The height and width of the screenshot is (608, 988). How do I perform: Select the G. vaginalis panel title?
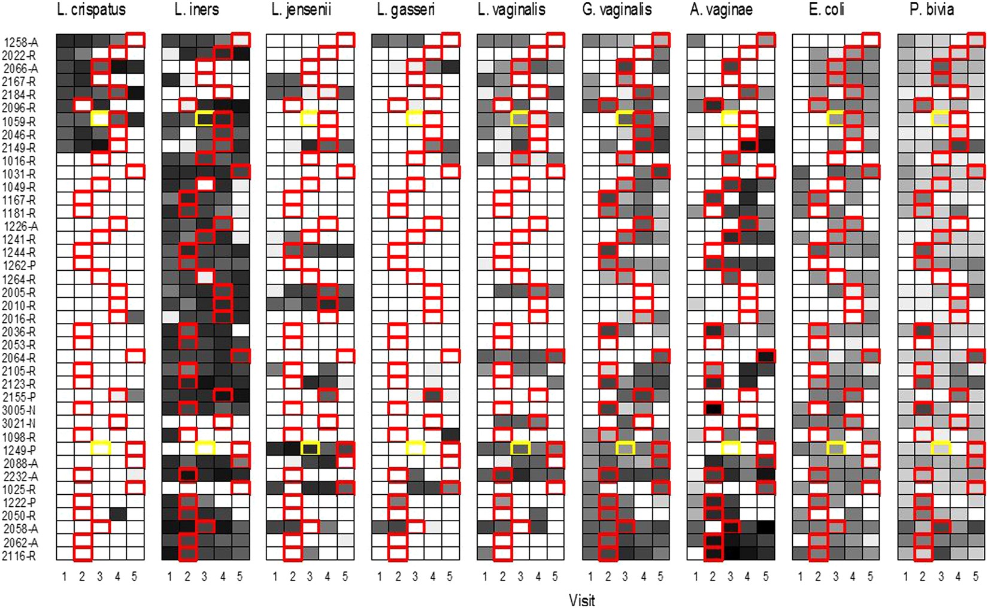617,10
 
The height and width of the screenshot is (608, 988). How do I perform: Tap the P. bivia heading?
932,10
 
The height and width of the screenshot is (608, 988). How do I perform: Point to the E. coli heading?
826,10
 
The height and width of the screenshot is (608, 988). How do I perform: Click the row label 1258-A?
21,42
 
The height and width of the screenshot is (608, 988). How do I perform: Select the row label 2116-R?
20,556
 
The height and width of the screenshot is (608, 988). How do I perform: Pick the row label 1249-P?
20,450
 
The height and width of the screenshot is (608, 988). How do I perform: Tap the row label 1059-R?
20,122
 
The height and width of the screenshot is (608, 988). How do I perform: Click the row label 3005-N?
20,410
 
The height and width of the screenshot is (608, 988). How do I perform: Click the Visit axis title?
581,600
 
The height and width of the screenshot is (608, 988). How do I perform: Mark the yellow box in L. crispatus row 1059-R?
100,118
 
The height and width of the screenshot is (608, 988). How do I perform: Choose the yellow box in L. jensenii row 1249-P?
310,447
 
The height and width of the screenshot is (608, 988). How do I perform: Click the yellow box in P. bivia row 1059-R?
941,118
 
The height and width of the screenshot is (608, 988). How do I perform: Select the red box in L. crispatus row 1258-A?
135,40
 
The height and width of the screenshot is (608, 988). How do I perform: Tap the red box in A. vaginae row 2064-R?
766,356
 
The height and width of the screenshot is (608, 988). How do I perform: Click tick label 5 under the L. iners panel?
240,577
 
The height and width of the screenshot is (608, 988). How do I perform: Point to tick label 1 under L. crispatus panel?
65,577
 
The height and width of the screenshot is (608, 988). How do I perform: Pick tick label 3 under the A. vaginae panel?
730,577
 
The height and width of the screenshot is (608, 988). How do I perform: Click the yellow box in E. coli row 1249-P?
835,447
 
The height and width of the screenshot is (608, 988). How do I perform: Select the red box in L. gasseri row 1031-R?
450,171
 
